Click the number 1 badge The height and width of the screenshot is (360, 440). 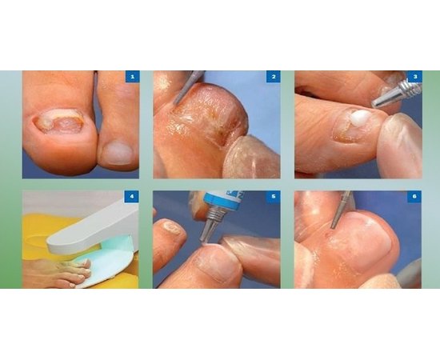coord(133,77)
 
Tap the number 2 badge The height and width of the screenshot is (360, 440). coord(274,77)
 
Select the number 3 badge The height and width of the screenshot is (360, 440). coord(414,77)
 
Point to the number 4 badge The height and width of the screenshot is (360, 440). coord(133,196)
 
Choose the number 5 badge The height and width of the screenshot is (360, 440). coord(274,196)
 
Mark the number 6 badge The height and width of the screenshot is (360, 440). coord(414,196)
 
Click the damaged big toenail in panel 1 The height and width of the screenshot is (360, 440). coord(58,122)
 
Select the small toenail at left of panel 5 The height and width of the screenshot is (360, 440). coord(171,229)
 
